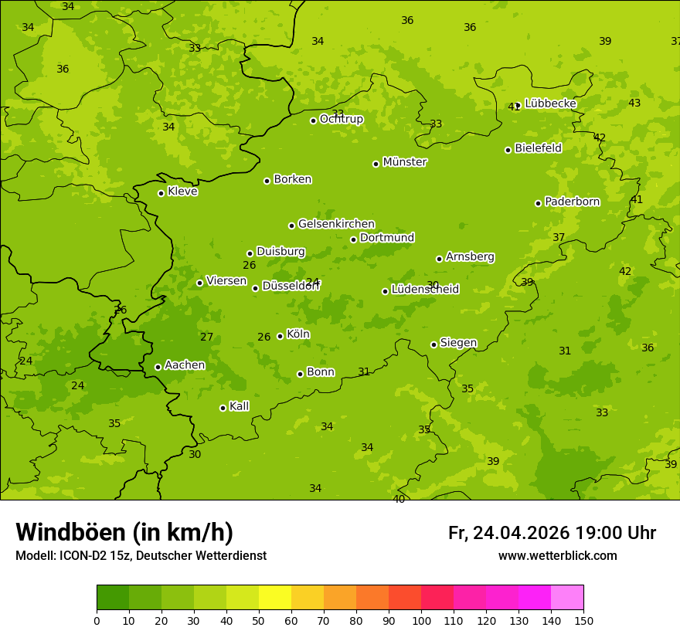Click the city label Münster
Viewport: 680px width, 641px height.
(405, 162)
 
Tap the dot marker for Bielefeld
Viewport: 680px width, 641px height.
(508, 150)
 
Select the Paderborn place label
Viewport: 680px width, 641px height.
(572, 202)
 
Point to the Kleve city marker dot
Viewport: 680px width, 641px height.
(161, 193)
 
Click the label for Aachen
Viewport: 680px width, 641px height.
(185, 365)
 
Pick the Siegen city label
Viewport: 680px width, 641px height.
(458, 343)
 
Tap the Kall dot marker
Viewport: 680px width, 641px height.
(223, 408)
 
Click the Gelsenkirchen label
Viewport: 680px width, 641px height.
(336, 224)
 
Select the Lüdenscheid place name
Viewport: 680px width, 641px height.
(425, 290)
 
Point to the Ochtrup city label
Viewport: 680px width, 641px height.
(341, 119)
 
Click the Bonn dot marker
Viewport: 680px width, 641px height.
(300, 374)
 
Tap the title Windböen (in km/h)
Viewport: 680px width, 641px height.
(124, 532)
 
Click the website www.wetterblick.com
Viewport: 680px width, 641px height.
(557, 556)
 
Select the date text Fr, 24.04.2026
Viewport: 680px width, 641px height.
(508, 533)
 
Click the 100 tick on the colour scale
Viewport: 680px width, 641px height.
(421, 620)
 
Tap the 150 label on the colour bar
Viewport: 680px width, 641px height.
(583, 620)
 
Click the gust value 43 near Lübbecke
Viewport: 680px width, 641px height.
(634, 103)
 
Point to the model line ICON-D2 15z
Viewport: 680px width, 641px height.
(141, 556)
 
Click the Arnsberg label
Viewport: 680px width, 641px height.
(470, 256)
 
